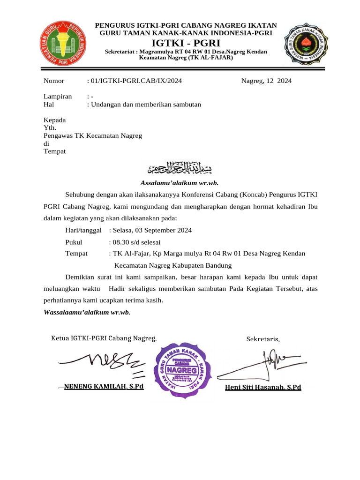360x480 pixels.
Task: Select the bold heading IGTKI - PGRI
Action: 187,44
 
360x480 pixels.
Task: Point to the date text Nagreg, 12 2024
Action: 266,81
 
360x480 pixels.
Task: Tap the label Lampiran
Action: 58,96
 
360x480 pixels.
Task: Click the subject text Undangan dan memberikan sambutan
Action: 146,105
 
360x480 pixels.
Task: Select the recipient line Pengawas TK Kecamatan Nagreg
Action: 92,135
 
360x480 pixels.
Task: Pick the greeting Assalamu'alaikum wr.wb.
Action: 180,183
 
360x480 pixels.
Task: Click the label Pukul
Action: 74,242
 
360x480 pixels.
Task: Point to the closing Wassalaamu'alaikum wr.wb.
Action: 87,312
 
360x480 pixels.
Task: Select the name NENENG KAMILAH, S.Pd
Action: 104,386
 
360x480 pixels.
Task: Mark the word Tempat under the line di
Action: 54,151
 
